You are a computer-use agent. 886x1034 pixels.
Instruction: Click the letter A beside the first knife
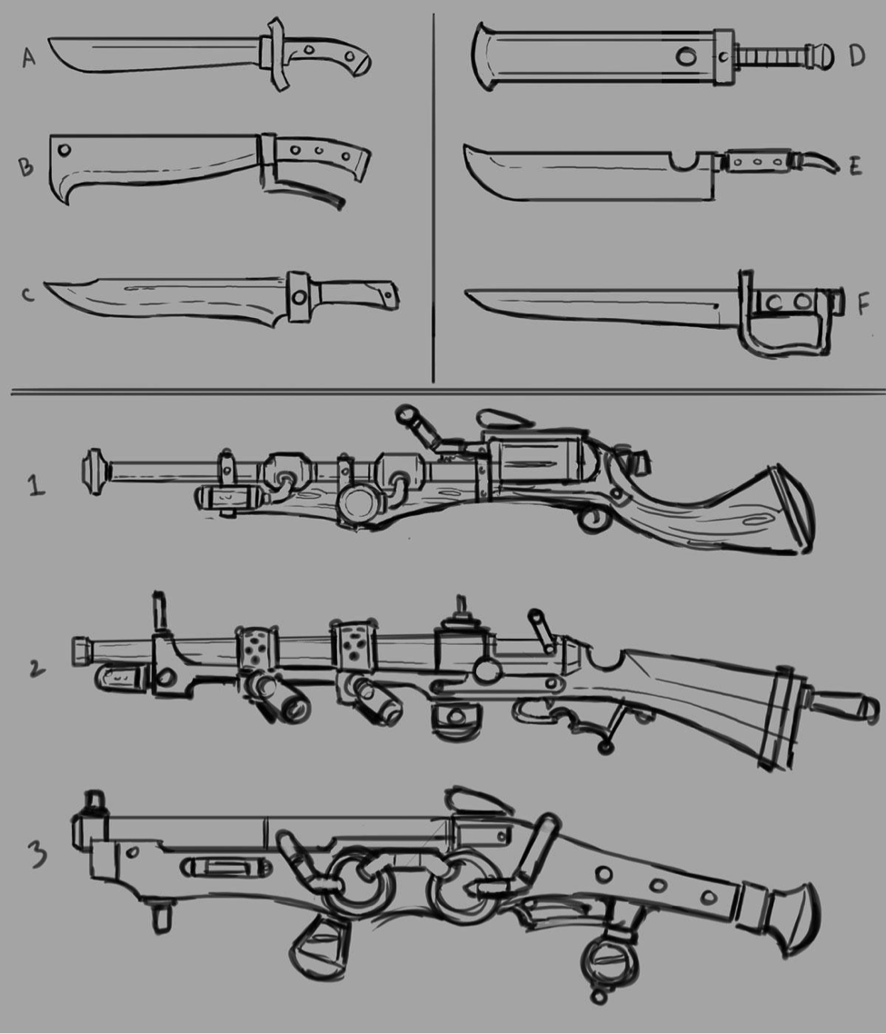click(x=28, y=57)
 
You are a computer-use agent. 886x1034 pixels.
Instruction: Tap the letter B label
click(x=25, y=166)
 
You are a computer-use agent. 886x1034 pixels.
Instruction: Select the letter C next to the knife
click(x=27, y=293)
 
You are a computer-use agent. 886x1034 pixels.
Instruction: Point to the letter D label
click(x=857, y=55)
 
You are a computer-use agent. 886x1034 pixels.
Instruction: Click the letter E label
click(x=855, y=166)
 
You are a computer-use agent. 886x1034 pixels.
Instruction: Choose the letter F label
click(x=863, y=304)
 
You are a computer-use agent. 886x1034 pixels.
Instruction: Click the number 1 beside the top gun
click(x=37, y=486)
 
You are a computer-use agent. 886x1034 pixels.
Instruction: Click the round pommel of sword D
click(x=821, y=55)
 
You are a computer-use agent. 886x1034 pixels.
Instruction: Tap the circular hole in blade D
click(x=686, y=56)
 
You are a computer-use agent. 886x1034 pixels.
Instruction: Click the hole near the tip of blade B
click(x=65, y=150)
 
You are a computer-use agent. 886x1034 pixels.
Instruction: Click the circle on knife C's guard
click(x=300, y=297)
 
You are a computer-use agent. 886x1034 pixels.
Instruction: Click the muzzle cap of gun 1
click(x=96, y=472)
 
